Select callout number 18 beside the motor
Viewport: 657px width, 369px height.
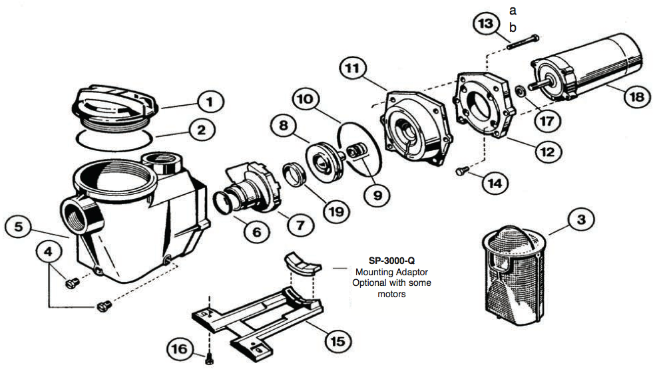(636, 95)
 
